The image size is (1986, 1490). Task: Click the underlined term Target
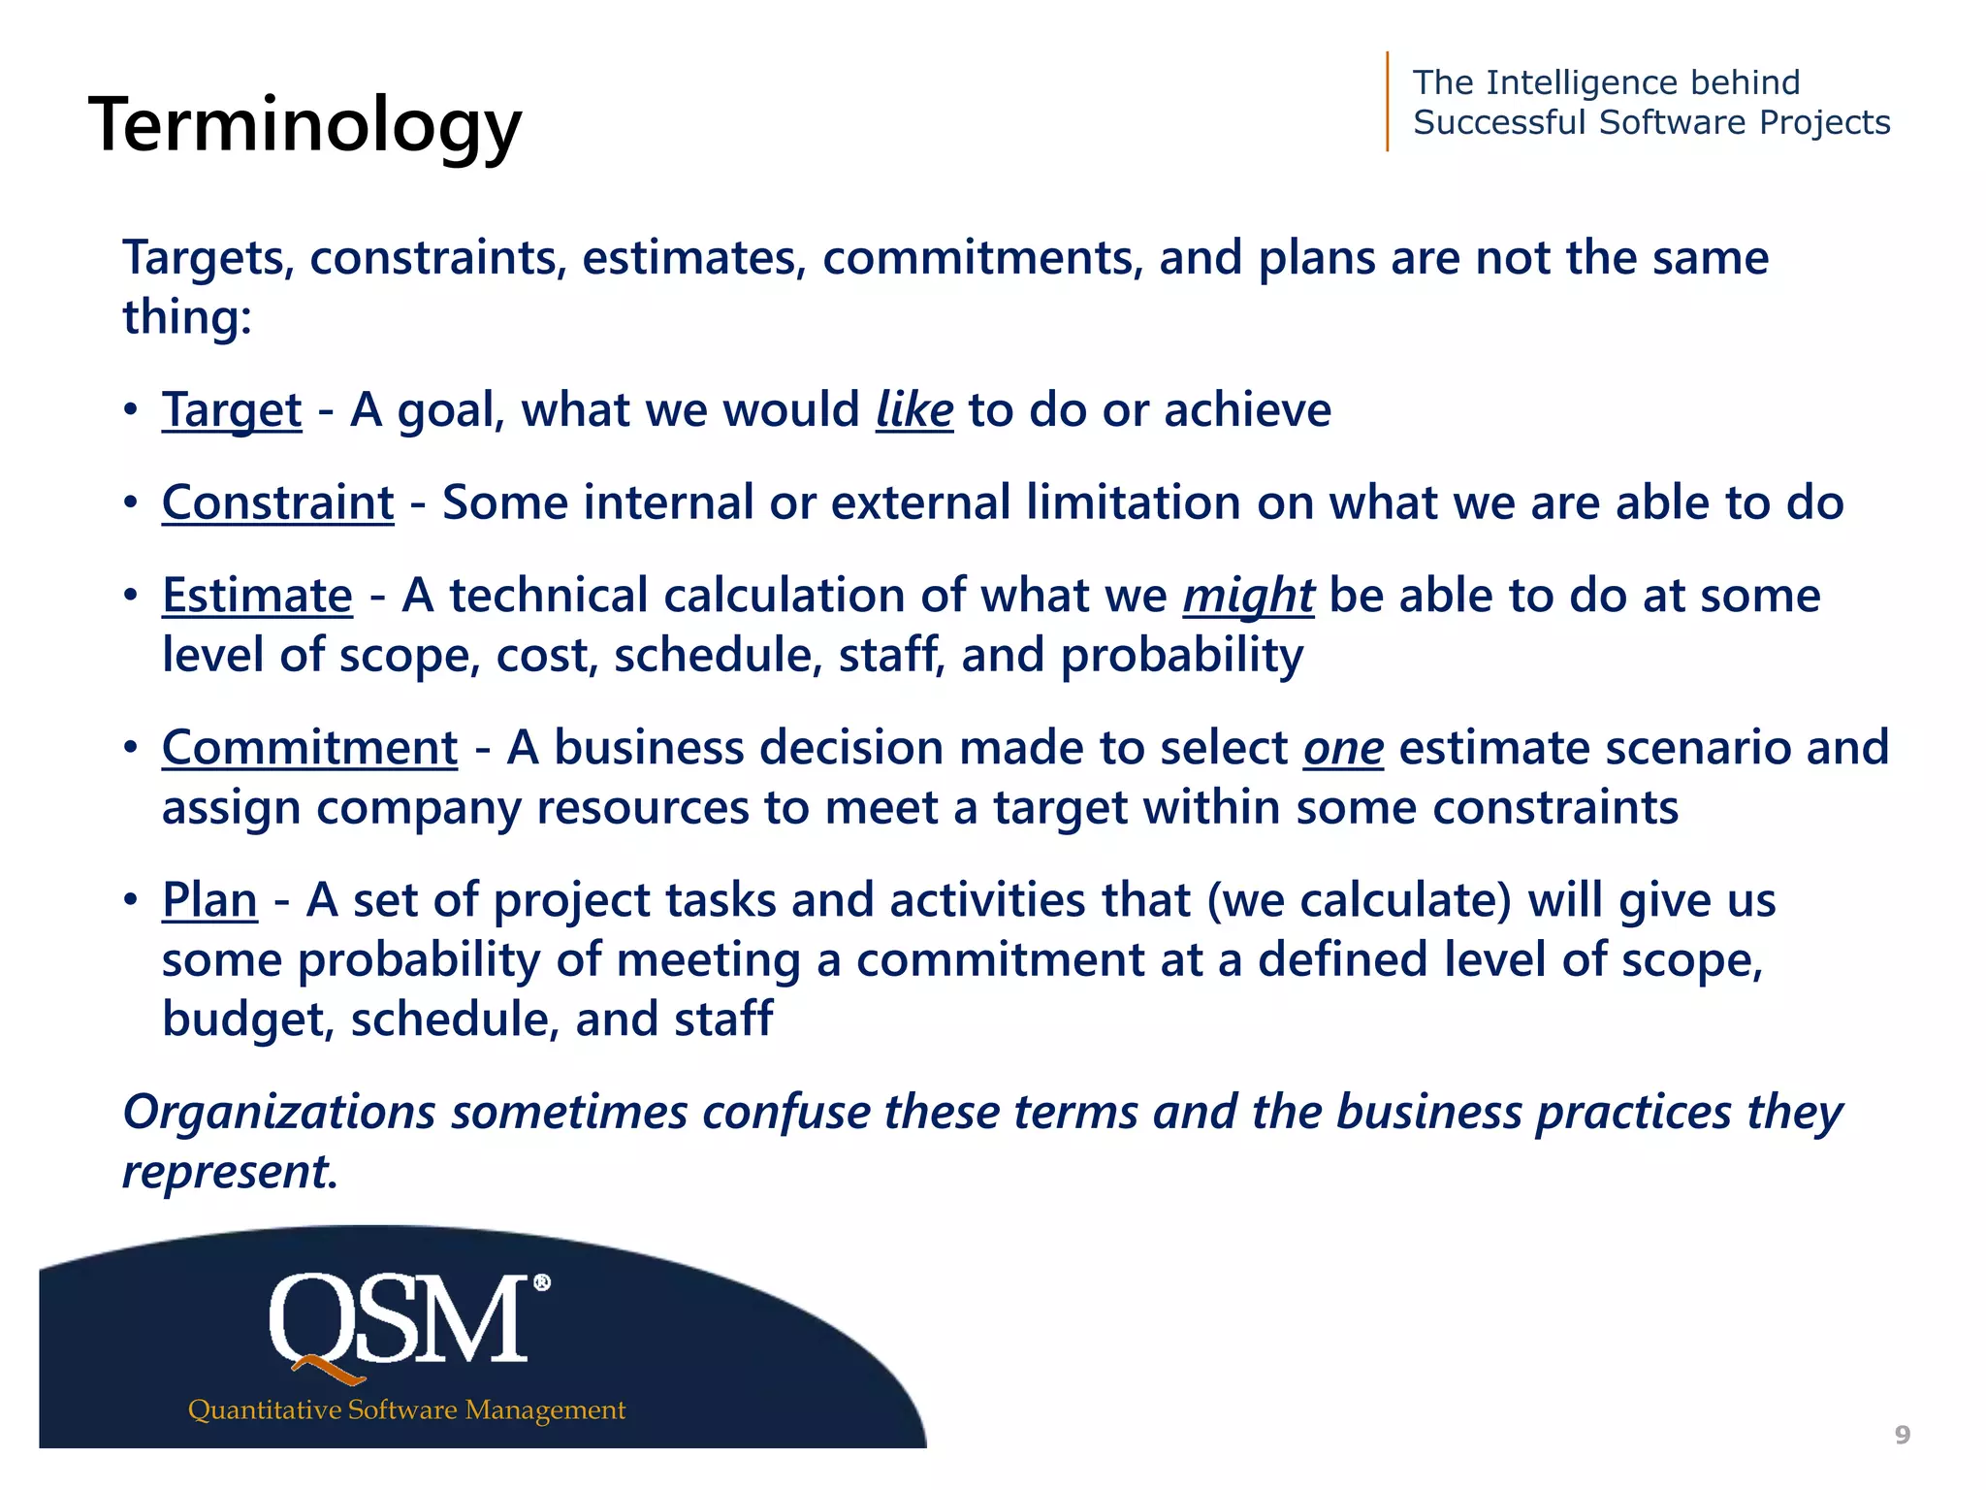point(232,410)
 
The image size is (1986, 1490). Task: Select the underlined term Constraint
point(278,503)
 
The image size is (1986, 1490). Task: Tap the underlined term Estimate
point(257,596)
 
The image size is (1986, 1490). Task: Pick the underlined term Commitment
point(309,748)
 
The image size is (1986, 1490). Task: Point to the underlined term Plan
point(209,900)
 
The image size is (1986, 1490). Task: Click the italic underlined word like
point(914,410)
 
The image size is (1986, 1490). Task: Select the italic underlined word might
point(1248,596)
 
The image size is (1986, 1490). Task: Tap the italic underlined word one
point(1343,748)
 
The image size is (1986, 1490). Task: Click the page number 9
point(1903,1435)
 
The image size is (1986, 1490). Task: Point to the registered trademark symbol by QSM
point(542,1282)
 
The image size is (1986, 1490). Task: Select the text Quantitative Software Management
point(406,1409)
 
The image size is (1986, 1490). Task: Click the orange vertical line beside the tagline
point(1388,102)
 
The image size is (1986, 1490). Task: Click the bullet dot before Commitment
point(131,748)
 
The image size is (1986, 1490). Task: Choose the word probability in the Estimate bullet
point(1181,656)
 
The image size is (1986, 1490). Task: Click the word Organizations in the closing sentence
point(279,1112)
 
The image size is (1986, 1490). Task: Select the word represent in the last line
point(229,1172)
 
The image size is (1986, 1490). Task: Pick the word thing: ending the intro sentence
point(187,318)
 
